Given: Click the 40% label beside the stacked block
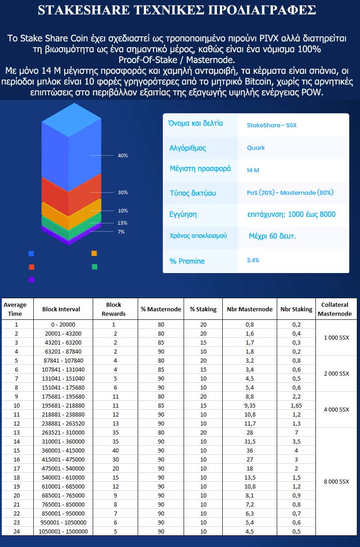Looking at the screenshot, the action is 122,156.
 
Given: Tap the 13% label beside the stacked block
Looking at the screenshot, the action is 122,223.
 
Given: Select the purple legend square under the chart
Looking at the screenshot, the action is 31,280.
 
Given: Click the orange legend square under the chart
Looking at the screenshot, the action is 94,253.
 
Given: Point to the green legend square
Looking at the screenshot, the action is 94,267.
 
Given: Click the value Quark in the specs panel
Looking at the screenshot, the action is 256,148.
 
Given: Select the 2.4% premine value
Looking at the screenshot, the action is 253,260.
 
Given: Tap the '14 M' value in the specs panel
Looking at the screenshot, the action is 253,170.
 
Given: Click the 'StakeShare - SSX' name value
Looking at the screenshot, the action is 272,125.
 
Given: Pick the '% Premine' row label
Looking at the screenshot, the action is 187,261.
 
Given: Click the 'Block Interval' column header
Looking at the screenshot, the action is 61,309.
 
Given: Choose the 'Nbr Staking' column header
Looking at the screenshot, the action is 296,309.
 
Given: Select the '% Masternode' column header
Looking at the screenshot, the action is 161,309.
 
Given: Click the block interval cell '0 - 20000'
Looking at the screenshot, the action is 63,324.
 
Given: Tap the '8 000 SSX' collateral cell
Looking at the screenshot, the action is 336,482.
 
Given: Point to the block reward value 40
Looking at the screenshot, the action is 116,451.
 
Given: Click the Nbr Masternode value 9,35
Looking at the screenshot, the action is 250,406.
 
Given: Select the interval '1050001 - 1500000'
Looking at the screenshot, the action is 63,531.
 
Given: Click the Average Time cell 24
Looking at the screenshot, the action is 17,531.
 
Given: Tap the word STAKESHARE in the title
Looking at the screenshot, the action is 84,10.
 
